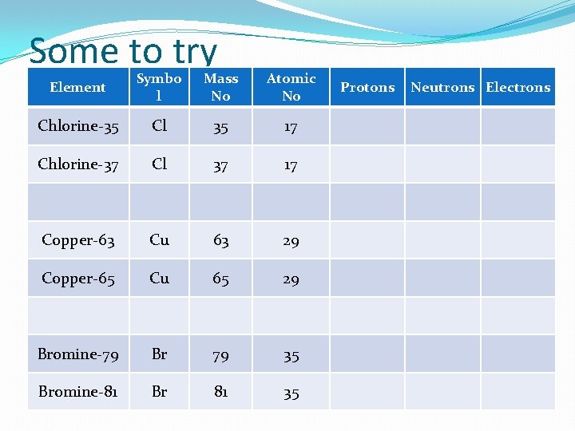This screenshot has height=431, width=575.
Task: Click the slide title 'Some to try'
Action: [x=123, y=51]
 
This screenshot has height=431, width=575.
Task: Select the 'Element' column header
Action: [x=77, y=87]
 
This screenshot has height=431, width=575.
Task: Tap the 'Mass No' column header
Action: [x=220, y=87]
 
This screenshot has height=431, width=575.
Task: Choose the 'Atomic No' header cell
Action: [x=291, y=87]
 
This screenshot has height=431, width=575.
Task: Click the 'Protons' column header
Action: [x=367, y=87]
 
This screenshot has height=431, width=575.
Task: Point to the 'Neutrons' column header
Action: [x=442, y=87]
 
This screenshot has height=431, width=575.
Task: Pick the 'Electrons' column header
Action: [x=517, y=87]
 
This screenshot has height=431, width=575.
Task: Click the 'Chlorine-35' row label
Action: [x=78, y=126]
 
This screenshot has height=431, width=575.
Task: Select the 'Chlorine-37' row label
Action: [x=78, y=164]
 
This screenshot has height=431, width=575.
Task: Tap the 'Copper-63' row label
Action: [x=78, y=240]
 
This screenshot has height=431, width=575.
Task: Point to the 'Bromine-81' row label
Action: [x=77, y=392]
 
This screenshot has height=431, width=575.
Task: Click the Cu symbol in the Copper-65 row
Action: [x=160, y=279]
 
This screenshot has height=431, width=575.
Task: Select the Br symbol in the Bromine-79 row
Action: [x=160, y=354]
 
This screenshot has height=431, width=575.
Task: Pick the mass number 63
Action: [x=220, y=240]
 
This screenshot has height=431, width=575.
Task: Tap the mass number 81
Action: [x=220, y=392]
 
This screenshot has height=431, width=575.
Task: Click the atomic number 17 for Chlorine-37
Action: [x=291, y=165]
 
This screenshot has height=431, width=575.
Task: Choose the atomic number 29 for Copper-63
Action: [x=291, y=241]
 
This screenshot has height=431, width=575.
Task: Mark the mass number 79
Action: [x=220, y=354]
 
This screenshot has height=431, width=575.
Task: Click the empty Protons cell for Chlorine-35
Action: [x=367, y=126]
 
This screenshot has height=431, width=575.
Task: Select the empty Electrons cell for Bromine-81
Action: [x=517, y=392]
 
